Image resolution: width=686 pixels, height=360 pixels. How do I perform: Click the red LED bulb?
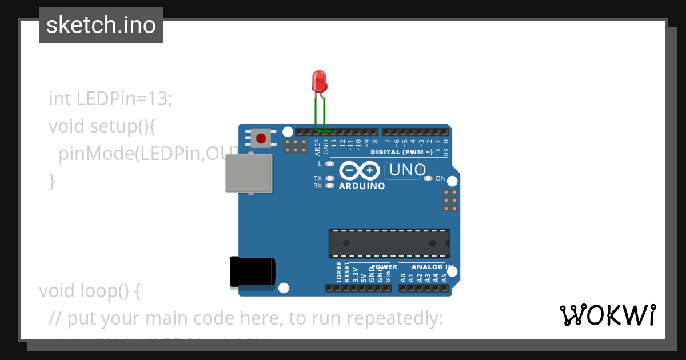(x=319, y=81)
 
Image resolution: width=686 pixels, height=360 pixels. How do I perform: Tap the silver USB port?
(x=249, y=173)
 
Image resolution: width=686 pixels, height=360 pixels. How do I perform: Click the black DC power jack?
(x=252, y=271)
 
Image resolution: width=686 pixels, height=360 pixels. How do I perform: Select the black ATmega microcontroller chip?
(x=389, y=243)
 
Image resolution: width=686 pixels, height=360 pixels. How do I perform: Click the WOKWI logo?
(x=608, y=315)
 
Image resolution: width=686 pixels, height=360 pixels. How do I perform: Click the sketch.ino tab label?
(x=101, y=25)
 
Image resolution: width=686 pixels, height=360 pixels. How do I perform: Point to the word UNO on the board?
(x=408, y=170)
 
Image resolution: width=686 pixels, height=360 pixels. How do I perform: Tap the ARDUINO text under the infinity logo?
(x=362, y=186)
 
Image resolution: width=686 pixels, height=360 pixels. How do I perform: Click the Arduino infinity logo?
(x=360, y=170)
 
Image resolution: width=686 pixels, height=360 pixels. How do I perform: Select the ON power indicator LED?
(x=428, y=178)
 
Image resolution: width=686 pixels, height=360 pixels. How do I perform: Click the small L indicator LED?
(x=329, y=163)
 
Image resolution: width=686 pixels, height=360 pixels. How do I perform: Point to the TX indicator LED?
(x=329, y=178)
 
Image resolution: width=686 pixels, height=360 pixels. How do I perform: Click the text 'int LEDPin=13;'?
(x=110, y=98)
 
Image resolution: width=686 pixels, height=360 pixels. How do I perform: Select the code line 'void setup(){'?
(x=102, y=126)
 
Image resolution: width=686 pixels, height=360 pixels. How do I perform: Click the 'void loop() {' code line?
(x=89, y=291)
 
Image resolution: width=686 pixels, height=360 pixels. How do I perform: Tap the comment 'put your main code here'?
(x=246, y=318)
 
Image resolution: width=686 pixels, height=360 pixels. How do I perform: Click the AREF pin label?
(x=318, y=147)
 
